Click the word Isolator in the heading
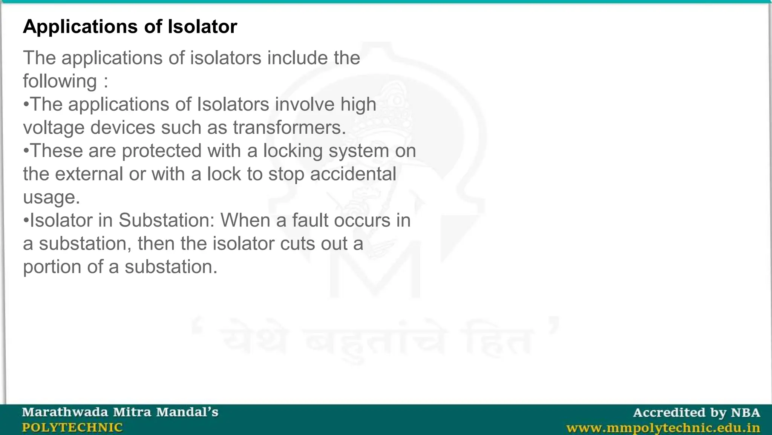(202, 27)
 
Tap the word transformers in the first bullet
(289, 128)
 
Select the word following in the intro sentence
(60, 82)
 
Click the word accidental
(353, 174)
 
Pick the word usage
(51, 198)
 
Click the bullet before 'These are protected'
(26, 151)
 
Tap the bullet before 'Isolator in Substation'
(26, 221)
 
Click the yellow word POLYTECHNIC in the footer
(72, 427)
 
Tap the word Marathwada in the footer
(65, 412)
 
